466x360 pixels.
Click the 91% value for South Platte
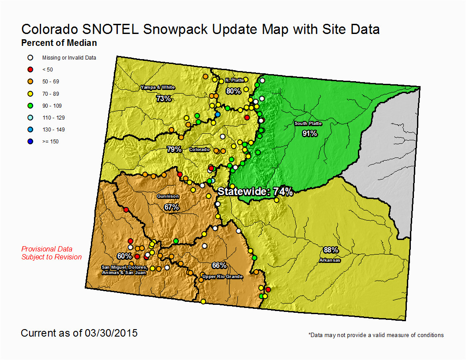point(310,133)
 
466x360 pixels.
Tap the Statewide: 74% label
point(256,191)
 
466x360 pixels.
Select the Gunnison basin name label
point(168,196)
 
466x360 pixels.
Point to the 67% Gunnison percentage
point(172,207)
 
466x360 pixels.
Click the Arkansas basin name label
point(330,260)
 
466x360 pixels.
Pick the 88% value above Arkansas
point(331,250)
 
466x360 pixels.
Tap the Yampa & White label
point(158,87)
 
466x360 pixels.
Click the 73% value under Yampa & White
point(164,98)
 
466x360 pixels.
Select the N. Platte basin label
point(234,80)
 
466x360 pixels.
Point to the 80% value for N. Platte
point(233,91)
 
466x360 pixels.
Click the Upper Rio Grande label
point(222,277)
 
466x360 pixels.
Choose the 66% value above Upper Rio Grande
point(219,265)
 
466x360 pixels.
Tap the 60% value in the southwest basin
point(124,256)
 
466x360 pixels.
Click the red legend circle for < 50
point(30,70)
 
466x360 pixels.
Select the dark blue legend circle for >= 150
point(30,141)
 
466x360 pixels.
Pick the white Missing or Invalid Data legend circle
point(30,58)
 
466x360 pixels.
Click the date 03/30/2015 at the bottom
point(111,333)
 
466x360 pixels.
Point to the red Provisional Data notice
point(52,253)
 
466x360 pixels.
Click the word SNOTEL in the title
point(110,30)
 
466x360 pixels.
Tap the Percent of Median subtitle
point(59,43)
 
